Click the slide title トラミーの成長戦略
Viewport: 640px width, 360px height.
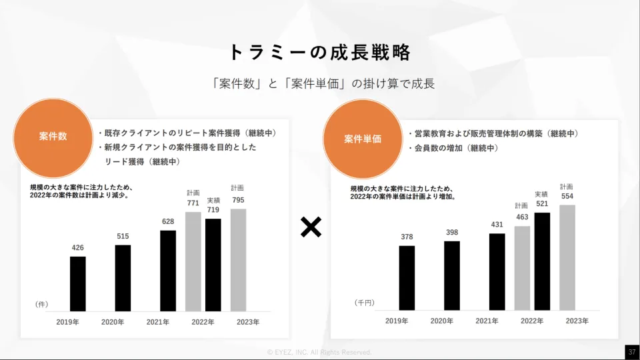click(x=319, y=52)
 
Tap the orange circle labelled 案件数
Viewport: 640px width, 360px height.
click(x=53, y=137)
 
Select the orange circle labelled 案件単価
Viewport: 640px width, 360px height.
click(x=363, y=139)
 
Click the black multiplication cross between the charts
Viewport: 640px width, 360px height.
click(x=311, y=227)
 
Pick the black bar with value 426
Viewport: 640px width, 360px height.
click(x=78, y=283)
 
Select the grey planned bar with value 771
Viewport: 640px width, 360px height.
click(x=193, y=261)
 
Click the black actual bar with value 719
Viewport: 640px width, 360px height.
click(x=213, y=265)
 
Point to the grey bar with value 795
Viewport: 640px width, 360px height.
click(x=238, y=260)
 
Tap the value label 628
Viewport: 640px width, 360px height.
click(x=168, y=222)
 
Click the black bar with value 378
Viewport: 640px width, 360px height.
click(x=407, y=278)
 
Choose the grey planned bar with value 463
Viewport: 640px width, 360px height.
click(x=522, y=268)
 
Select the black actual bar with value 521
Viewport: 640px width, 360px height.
click(x=542, y=261)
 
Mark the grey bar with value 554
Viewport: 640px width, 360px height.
click(x=567, y=257)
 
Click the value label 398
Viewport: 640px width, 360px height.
click(x=452, y=232)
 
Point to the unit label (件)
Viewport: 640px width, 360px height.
click(x=41, y=304)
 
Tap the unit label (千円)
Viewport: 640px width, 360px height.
click(x=364, y=303)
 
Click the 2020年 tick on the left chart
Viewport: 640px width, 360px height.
click(x=113, y=322)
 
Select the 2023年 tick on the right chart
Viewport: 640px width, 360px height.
click(x=577, y=321)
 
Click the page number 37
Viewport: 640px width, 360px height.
click(x=631, y=351)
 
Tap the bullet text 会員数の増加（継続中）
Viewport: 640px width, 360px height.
click(x=455, y=148)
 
